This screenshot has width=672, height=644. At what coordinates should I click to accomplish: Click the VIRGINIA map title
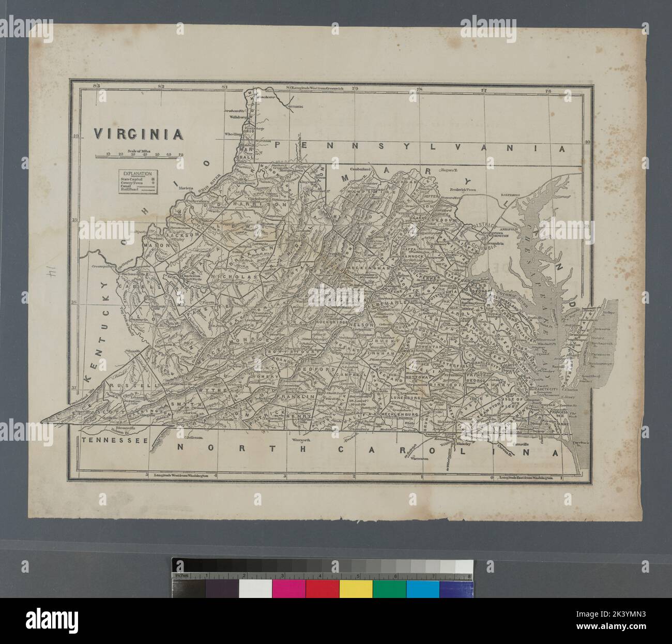pos(138,134)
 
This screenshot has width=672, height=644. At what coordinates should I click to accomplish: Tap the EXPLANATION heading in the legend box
pos(138,174)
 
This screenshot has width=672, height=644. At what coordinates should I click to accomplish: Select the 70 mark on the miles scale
pos(180,154)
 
